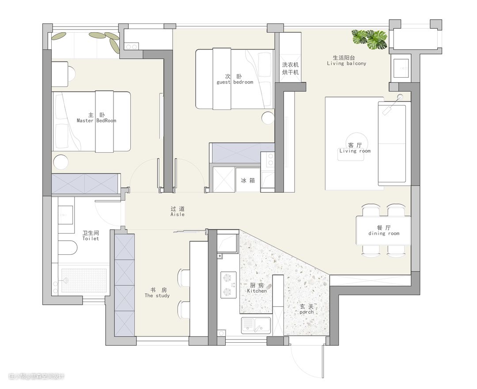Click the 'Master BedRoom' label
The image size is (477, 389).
(x=96, y=121)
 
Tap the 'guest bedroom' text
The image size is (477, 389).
(x=235, y=82)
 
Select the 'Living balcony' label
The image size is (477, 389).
(x=347, y=64)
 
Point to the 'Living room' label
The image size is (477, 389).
(x=355, y=151)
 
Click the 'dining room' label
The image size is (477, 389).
(x=384, y=234)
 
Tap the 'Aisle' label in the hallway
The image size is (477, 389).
(x=178, y=215)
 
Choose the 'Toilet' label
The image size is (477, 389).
(x=91, y=238)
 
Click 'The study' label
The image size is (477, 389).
(x=157, y=296)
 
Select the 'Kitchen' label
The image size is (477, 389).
(x=257, y=291)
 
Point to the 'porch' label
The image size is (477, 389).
(x=307, y=312)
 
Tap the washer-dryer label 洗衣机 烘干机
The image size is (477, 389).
(x=291, y=68)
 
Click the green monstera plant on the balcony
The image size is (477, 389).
(x=369, y=39)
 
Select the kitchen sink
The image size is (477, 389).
(x=256, y=325)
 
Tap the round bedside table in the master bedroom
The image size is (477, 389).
(x=60, y=162)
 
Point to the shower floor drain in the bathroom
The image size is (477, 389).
(x=66, y=280)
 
